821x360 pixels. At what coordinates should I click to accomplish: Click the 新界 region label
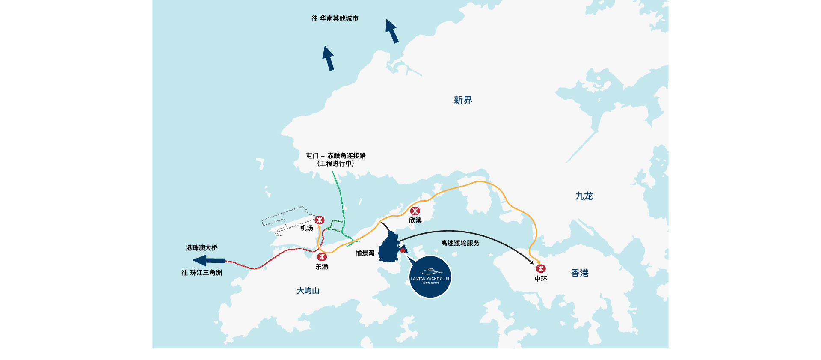(463, 100)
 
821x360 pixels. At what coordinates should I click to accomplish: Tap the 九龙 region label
(584, 196)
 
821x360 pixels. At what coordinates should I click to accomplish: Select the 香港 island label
(580, 273)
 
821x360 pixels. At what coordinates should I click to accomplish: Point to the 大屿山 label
(308, 291)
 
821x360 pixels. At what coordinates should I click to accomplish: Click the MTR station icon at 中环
(541, 268)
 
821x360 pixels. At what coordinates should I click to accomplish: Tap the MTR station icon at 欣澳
(415, 211)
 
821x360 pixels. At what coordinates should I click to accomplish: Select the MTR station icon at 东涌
(322, 257)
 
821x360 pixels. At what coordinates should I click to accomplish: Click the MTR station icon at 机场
(320, 220)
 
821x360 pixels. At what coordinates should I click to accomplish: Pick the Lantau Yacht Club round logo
(430, 277)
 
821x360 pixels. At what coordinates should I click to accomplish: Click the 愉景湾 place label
(365, 253)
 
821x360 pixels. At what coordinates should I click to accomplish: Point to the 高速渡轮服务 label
(460, 243)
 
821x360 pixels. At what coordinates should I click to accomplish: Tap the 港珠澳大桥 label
(202, 248)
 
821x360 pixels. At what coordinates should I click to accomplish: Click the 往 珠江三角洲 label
(202, 273)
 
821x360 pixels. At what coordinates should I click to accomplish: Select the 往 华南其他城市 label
(335, 18)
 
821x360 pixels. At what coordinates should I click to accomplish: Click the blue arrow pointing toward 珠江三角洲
(209, 260)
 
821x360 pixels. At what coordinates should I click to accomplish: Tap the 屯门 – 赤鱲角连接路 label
(336, 156)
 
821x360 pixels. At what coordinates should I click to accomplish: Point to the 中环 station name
(541, 279)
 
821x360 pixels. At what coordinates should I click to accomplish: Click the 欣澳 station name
(415, 220)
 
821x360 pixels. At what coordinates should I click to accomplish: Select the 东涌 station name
(322, 267)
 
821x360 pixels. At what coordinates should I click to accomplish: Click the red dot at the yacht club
(403, 250)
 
